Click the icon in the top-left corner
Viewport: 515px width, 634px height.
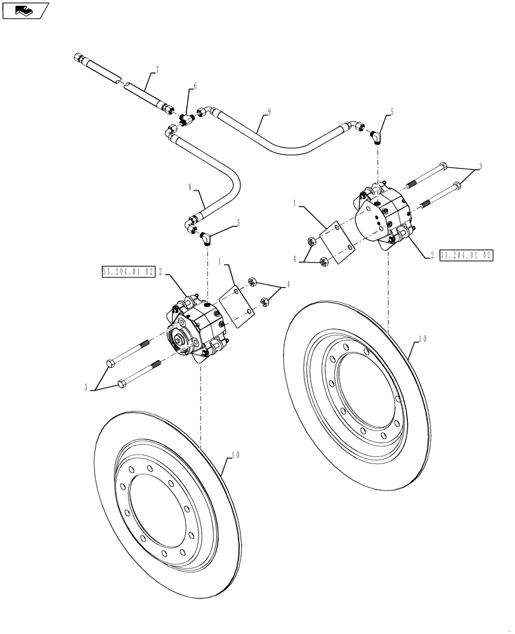click(x=25, y=10)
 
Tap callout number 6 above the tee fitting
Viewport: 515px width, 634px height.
click(x=195, y=86)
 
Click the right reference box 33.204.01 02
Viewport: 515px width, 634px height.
click(x=466, y=255)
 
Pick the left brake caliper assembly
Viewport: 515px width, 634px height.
click(x=192, y=325)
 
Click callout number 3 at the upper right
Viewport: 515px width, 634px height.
click(x=480, y=166)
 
